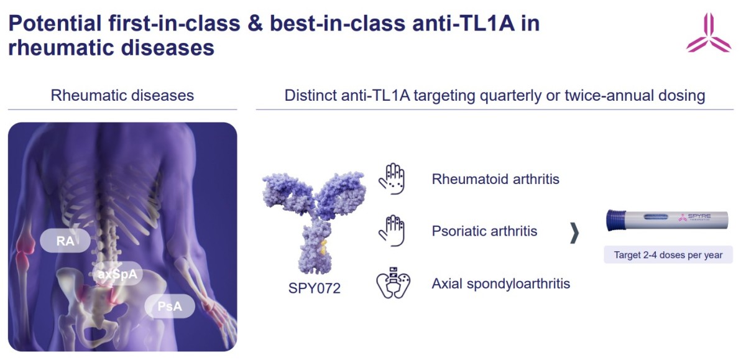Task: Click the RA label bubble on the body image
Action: pos(65,241)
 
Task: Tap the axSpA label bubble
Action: pos(117,274)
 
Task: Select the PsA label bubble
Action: pos(170,306)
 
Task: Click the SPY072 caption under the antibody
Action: pos(315,288)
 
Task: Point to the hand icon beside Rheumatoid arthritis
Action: pos(392,179)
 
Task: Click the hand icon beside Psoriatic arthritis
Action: pos(392,231)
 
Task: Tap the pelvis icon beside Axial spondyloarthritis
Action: pos(394,283)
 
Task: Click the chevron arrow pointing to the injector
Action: pos(574,233)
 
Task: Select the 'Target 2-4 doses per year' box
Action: pos(668,255)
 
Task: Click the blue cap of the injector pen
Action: pos(616,220)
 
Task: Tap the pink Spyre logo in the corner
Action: pos(709,32)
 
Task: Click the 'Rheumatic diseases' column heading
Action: pos(122,96)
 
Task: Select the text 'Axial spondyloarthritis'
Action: pos(501,284)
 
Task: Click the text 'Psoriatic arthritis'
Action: pos(484,231)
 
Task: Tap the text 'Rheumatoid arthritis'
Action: pos(495,179)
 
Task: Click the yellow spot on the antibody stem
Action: pos(323,247)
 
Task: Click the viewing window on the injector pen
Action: pos(655,217)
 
